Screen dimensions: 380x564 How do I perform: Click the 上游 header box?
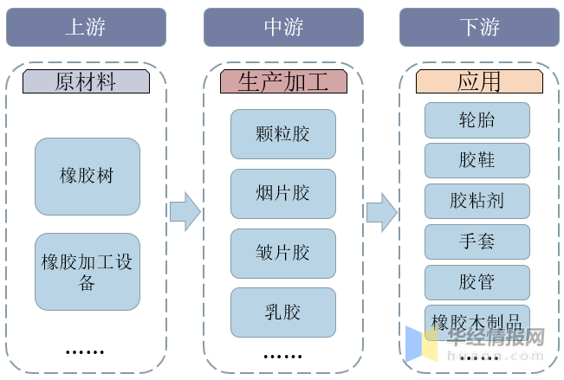(x=86, y=27)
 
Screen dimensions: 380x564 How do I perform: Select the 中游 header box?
(x=282, y=27)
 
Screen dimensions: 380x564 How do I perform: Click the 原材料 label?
(x=86, y=81)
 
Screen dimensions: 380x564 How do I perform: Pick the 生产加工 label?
(x=282, y=81)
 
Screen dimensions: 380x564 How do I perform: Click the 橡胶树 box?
(x=87, y=177)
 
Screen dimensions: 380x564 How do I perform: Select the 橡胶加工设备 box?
(x=87, y=272)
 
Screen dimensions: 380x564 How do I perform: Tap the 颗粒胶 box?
(x=282, y=134)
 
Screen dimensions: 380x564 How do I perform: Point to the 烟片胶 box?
(x=282, y=194)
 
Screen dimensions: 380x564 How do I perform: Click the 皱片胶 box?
(x=282, y=253)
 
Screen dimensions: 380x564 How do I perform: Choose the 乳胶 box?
(x=282, y=312)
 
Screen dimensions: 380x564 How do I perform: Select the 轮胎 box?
(x=476, y=120)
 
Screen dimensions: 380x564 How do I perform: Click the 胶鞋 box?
(x=476, y=161)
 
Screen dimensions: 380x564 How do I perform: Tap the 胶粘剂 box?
(x=476, y=201)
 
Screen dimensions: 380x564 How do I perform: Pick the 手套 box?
(x=476, y=242)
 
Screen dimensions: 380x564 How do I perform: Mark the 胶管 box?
(x=476, y=282)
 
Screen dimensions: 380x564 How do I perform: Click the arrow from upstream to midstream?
(x=185, y=212)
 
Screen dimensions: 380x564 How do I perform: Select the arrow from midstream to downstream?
(x=380, y=212)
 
